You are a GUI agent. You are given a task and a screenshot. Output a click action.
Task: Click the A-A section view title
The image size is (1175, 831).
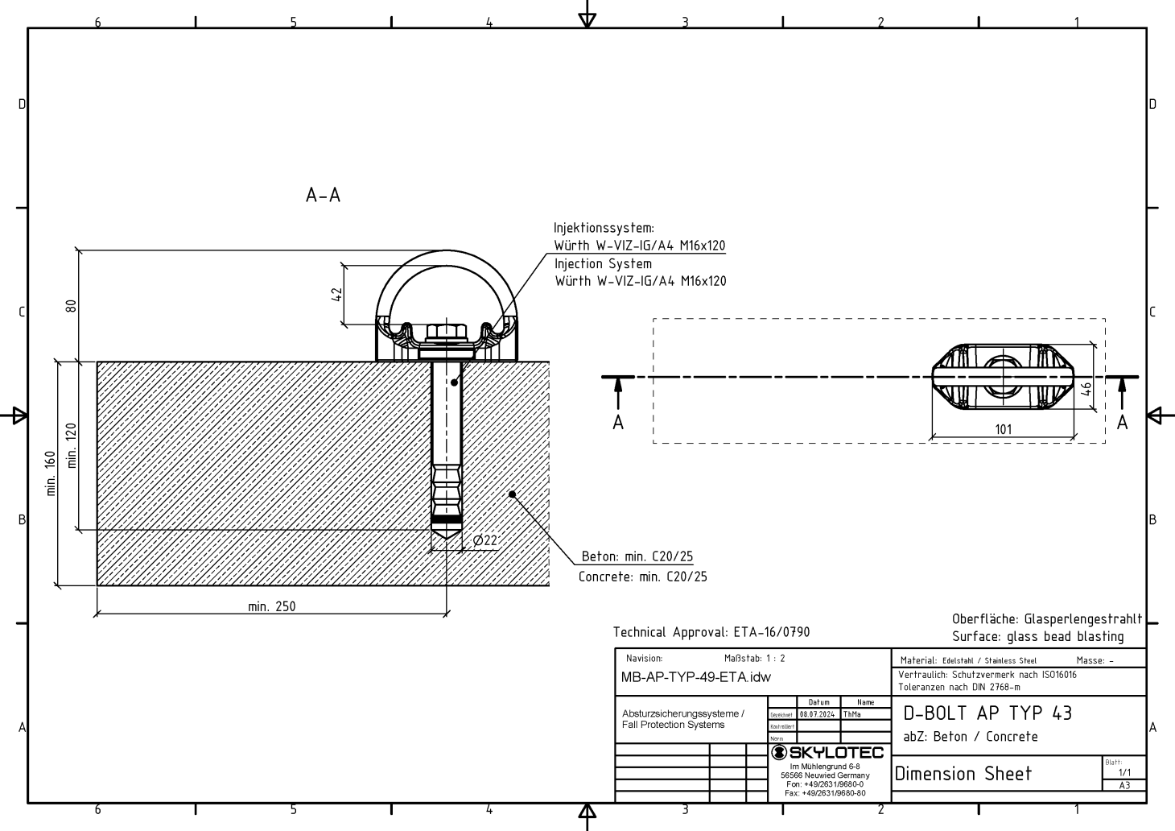click(324, 196)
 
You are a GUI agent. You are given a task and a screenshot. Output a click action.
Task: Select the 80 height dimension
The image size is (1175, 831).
click(71, 307)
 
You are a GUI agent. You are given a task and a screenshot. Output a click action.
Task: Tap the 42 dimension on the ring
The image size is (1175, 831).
click(337, 295)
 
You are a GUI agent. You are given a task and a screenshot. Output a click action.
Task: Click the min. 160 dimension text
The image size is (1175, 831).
click(51, 473)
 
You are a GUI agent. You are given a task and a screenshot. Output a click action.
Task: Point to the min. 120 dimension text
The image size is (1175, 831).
click(72, 445)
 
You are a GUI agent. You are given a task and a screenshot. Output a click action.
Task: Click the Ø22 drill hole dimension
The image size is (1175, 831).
click(485, 541)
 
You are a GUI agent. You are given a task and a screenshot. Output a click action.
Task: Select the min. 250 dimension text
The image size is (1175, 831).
click(271, 606)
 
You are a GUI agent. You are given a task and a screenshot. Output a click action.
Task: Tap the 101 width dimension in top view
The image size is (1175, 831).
click(1003, 429)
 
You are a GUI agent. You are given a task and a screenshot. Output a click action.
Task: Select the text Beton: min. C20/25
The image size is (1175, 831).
click(637, 556)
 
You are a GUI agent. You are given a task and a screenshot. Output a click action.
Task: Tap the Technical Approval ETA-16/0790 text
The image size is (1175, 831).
click(711, 633)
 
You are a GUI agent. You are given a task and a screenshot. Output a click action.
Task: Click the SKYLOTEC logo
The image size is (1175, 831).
click(828, 753)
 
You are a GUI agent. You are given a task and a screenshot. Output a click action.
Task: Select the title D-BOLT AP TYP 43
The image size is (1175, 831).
click(987, 713)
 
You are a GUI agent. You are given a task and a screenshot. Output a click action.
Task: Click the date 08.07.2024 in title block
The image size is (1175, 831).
click(818, 713)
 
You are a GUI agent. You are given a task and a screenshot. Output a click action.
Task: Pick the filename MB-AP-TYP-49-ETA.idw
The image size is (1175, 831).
click(695, 677)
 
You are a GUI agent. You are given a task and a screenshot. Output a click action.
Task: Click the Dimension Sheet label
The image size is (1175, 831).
click(963, 774)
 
